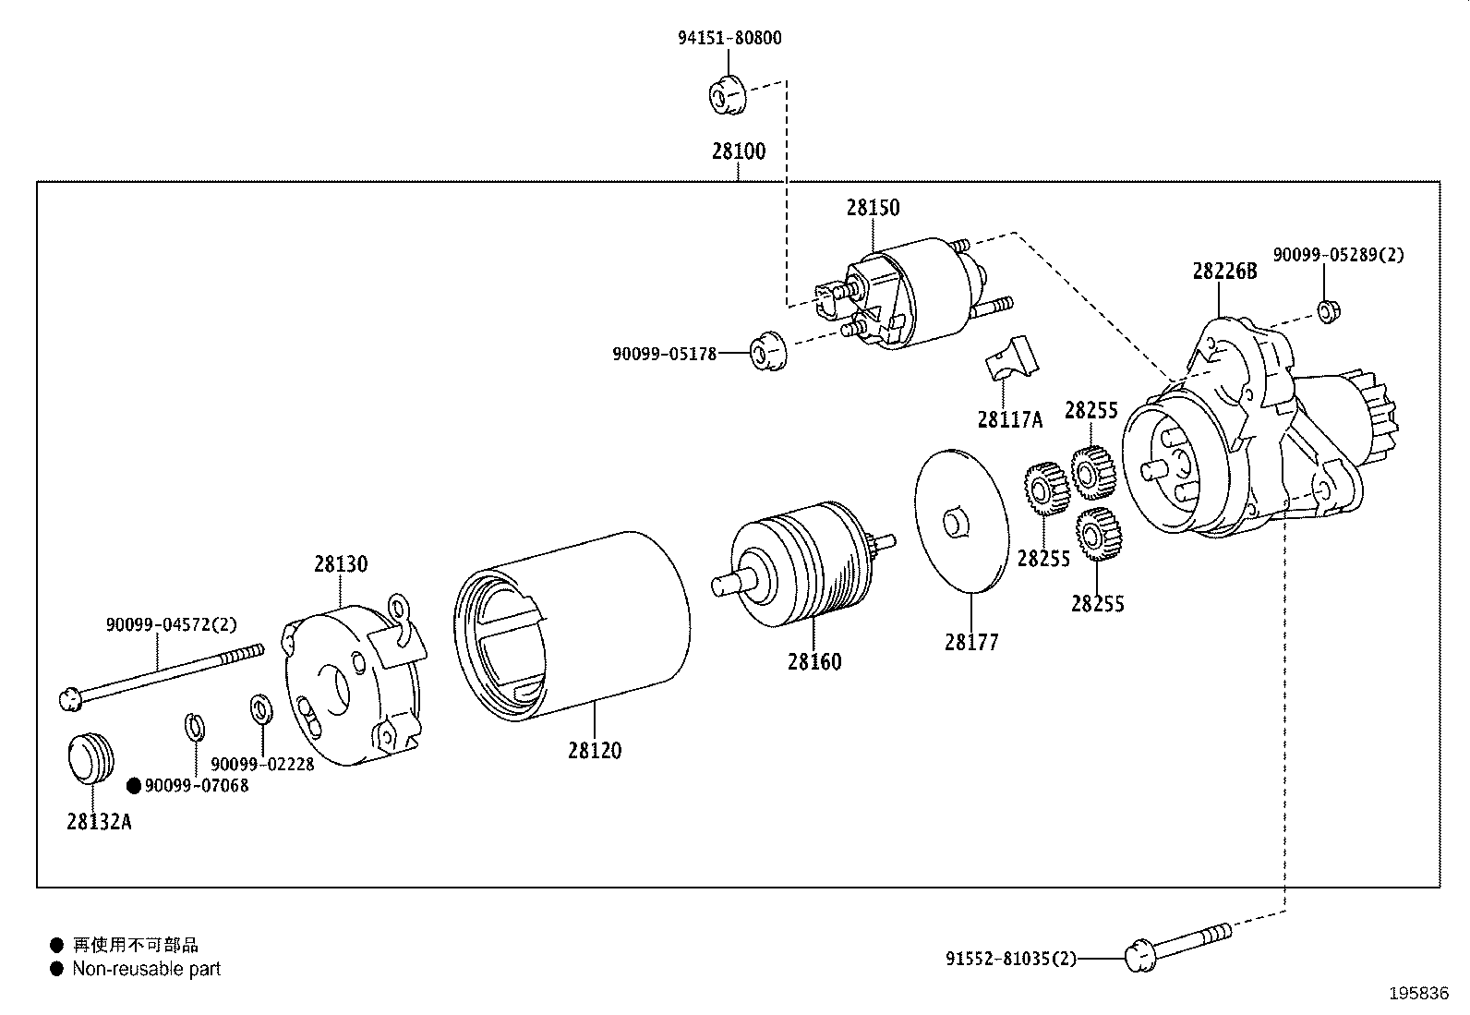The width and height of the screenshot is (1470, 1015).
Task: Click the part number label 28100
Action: click(x=738, y=151)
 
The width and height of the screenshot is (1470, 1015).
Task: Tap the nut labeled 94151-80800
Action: click(x=727, y=96)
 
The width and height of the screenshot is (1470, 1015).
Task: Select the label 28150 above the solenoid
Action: click(x=873, y=208)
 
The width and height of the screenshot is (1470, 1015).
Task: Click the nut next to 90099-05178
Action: click(x=765, y=350)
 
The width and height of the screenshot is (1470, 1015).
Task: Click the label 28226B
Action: click(x=1224, y=272)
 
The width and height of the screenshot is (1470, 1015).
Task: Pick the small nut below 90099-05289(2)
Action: click(x=1327, y=311)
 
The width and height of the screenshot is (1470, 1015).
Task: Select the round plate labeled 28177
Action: click(x=959, y=521)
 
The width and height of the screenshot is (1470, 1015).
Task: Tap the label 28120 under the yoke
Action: click(x=595, y=751)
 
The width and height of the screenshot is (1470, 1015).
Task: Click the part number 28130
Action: click(x=341, y=564)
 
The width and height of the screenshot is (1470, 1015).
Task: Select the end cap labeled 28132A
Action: click(x=90, y=759)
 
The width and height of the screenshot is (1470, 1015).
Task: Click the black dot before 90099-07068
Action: click(x=133, y=786)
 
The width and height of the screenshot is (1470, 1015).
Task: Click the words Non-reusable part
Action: click(x=147, y=969)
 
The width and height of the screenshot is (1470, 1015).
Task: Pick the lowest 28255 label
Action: click(x=1097, y=603)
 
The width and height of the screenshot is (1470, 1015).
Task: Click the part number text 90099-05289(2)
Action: click(x=1338, y=255)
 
